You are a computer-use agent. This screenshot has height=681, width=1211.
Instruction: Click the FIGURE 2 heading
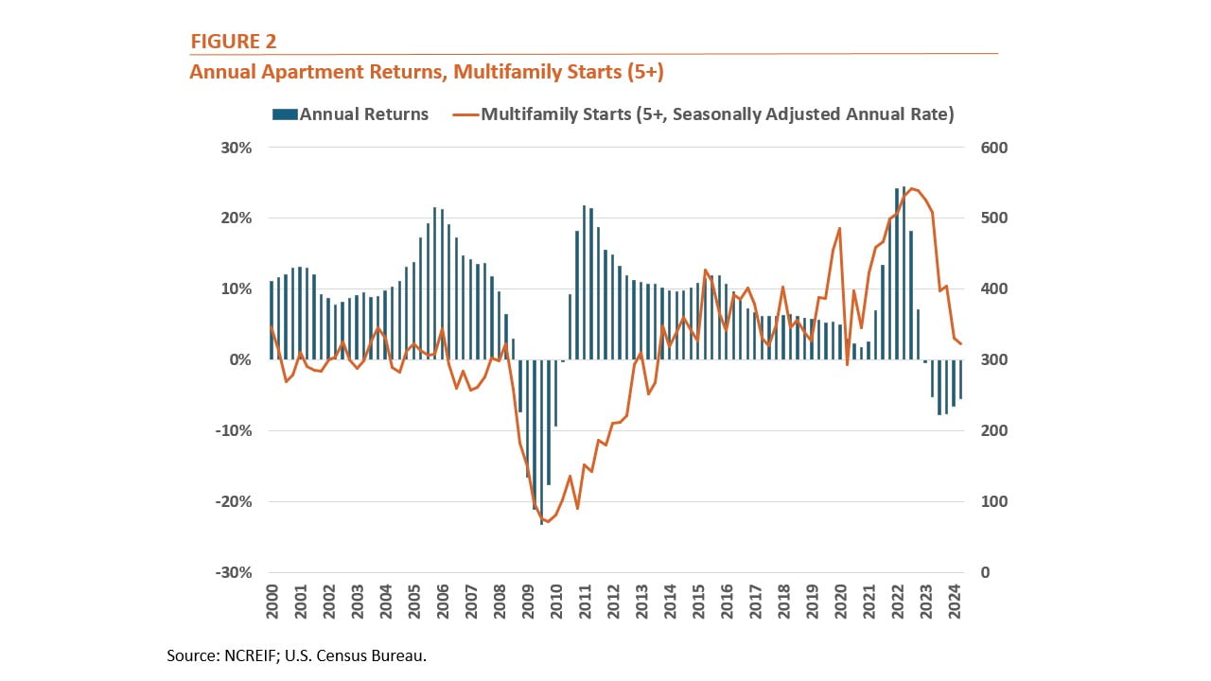click(234, 41)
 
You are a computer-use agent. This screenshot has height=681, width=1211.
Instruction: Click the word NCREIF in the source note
click(256, 655)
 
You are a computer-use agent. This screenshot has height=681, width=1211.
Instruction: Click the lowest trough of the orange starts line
click(548, 522)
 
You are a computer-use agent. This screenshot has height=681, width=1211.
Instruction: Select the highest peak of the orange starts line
click(911, 188)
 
